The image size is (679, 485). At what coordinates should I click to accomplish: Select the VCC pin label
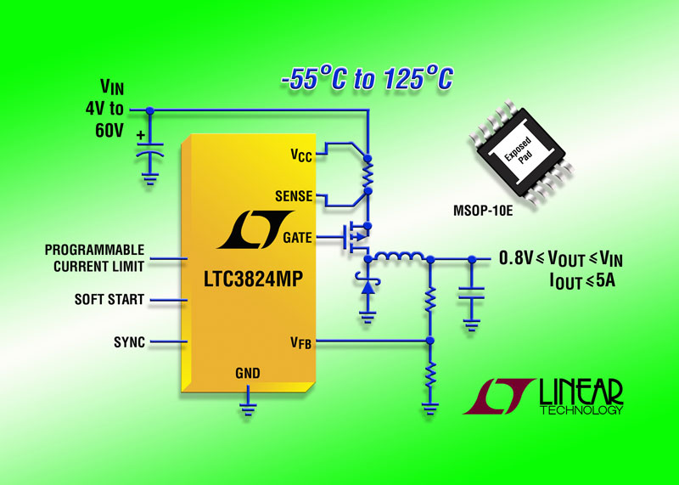coord(300,156)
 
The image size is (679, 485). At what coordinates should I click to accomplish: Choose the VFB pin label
coord(300,342)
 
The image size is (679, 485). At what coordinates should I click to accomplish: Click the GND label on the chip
coord(248,373)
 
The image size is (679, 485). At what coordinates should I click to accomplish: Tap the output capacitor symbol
coord(469,293)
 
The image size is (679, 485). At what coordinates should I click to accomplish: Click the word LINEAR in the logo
coord(581,392)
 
